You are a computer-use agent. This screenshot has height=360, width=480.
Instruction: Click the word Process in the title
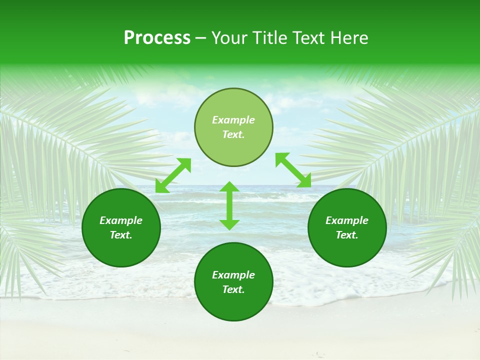point(157,38)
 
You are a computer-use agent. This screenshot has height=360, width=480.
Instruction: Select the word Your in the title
point(230,38)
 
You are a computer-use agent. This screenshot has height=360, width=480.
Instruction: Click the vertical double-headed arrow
point(229,205)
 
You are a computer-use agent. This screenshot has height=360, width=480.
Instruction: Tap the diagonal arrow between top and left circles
point(173,175)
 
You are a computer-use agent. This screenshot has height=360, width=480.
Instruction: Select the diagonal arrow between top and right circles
point(293,170)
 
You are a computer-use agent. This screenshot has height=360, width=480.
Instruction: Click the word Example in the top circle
point(233,120)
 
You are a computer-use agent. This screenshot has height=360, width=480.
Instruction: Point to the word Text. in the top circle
point(233,134)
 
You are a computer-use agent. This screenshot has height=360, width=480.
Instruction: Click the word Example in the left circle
point(121,220)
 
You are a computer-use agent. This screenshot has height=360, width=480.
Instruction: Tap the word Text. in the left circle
point(121,235)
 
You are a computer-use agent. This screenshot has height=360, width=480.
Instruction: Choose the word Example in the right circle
point(347,220)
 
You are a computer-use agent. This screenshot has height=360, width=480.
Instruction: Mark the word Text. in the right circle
point(347,235)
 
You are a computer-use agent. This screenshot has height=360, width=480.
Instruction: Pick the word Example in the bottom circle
point(233,275)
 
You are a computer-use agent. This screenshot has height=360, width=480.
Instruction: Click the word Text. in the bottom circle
point(233,289)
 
